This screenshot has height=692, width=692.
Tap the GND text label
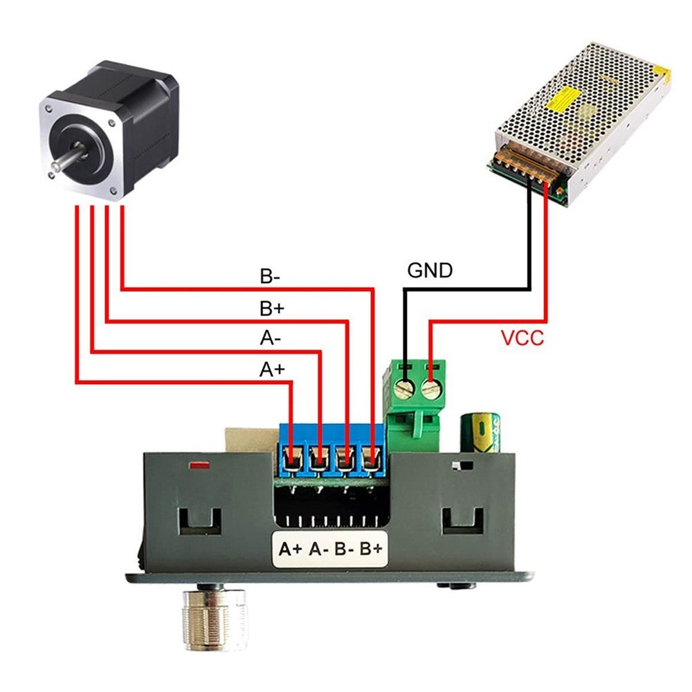coord(429,270)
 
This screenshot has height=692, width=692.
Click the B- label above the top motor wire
coord(270,277)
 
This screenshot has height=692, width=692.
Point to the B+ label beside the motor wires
coord(271,308)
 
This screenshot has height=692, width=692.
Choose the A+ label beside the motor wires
coord(272,370)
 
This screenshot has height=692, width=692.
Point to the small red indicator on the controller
coord(199,464)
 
